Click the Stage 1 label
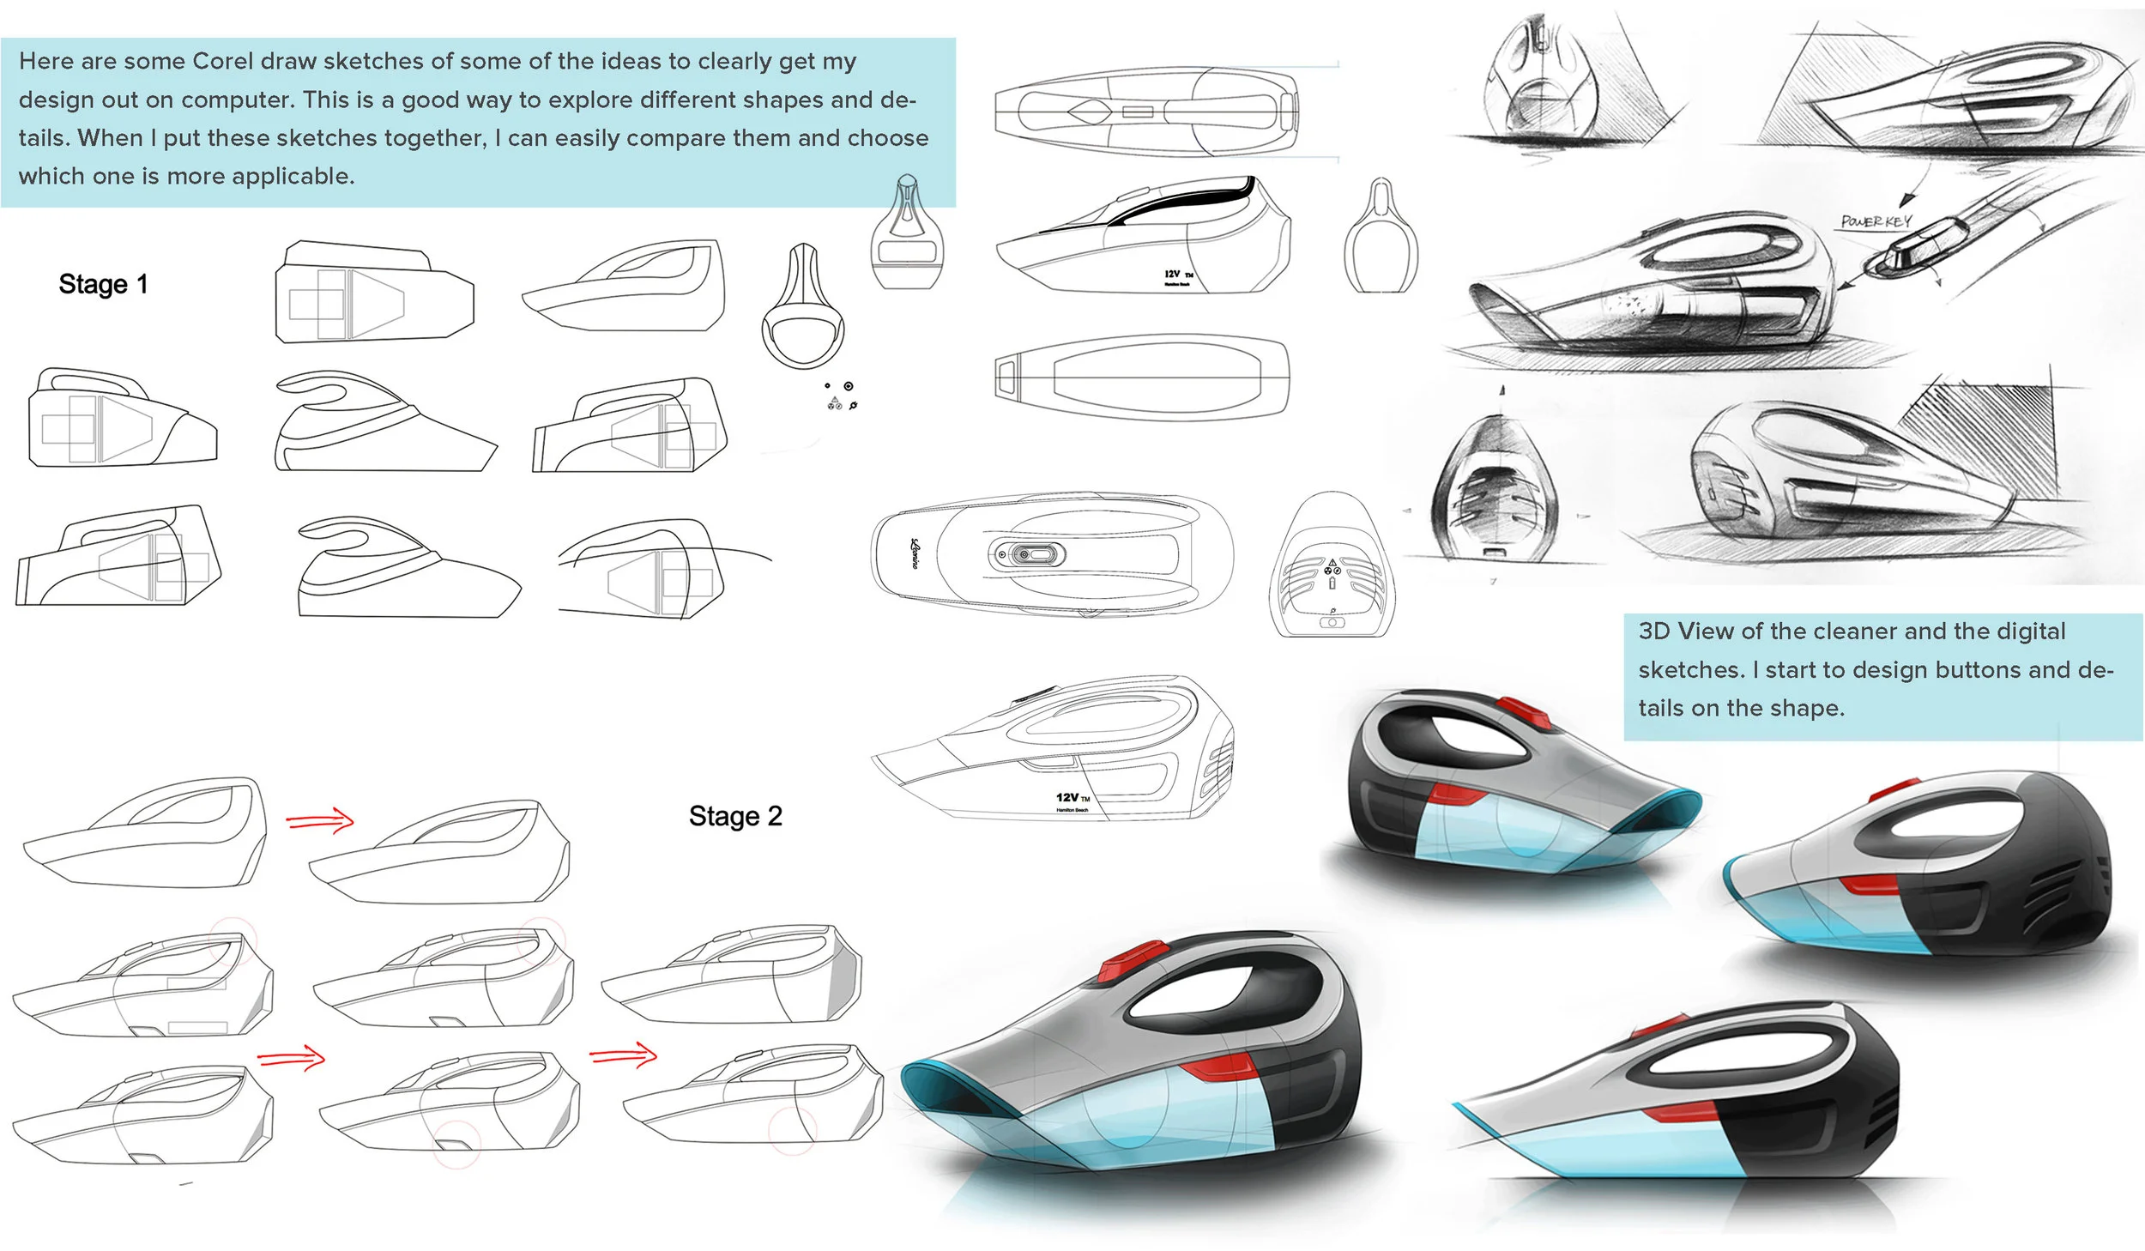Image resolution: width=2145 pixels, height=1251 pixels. [x=103, y=284]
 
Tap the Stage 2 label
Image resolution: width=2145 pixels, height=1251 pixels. [x=735, y=816]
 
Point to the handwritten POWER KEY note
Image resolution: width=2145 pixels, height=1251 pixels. [x=1876, y=221]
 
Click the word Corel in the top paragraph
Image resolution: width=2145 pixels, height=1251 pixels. [x=222, y=62]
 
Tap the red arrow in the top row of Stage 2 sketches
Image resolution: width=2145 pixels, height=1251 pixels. [x=319, y=821]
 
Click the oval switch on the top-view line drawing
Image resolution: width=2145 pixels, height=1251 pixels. [x=1027, y=555]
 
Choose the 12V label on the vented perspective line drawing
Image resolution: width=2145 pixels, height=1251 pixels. [x=1067, y=798]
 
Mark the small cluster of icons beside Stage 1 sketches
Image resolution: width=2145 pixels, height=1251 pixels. [x=839, y=396]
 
